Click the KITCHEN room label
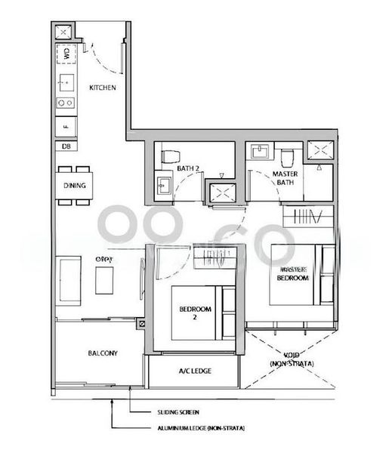coord(102,88)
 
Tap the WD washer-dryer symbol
coord(66,54)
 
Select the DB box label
coord(66,146)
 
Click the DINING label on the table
coord(74,186)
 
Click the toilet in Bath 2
coord(169,158)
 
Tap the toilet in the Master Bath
coord(286,157)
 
